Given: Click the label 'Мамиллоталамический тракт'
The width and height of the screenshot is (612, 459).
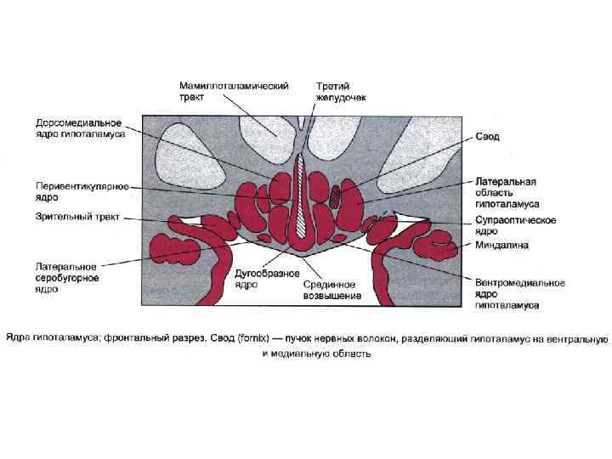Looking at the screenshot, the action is (234, 92).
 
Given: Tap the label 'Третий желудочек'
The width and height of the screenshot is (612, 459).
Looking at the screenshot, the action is (341, 92).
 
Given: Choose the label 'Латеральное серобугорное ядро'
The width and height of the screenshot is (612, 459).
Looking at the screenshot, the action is (67, 277).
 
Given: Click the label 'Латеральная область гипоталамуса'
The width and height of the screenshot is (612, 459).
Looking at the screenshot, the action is (506, 193).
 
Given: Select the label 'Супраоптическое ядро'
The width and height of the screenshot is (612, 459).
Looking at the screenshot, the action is (515, 225).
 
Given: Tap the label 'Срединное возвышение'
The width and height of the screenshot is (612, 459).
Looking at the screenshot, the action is (332, 291).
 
